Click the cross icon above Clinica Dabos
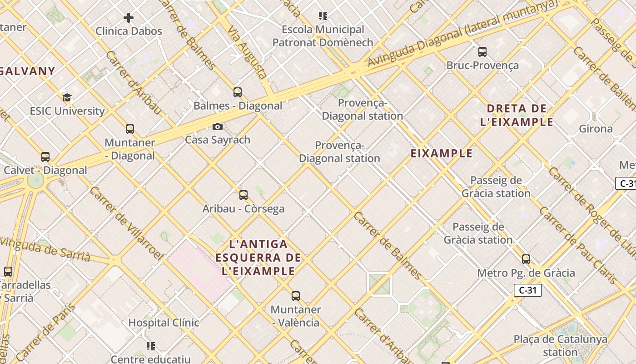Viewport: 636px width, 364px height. coord(129,18)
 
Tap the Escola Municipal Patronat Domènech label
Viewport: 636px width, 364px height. coord(323,36)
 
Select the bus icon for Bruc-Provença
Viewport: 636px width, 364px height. coord(482,52)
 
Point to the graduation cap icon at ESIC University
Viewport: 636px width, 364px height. coord(67,97)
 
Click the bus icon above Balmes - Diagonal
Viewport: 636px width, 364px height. coord(238,92)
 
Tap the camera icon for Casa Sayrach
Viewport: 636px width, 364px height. coord(218,126)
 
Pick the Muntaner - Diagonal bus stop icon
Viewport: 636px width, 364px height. coord(130,129)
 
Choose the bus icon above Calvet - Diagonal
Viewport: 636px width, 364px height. coord(45,157)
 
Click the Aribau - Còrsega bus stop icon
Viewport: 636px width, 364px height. coord(243,195)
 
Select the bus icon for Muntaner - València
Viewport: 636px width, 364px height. coord(296,296)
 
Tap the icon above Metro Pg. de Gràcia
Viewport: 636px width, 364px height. coord(526,259)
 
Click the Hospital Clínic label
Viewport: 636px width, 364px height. coord(164,323)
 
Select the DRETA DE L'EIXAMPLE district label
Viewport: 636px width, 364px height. coord(517,115)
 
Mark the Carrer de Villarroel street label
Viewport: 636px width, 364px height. coord(126,223)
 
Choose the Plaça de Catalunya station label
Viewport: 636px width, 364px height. coord(561,346)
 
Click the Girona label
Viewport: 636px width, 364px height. coord(596,129)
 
